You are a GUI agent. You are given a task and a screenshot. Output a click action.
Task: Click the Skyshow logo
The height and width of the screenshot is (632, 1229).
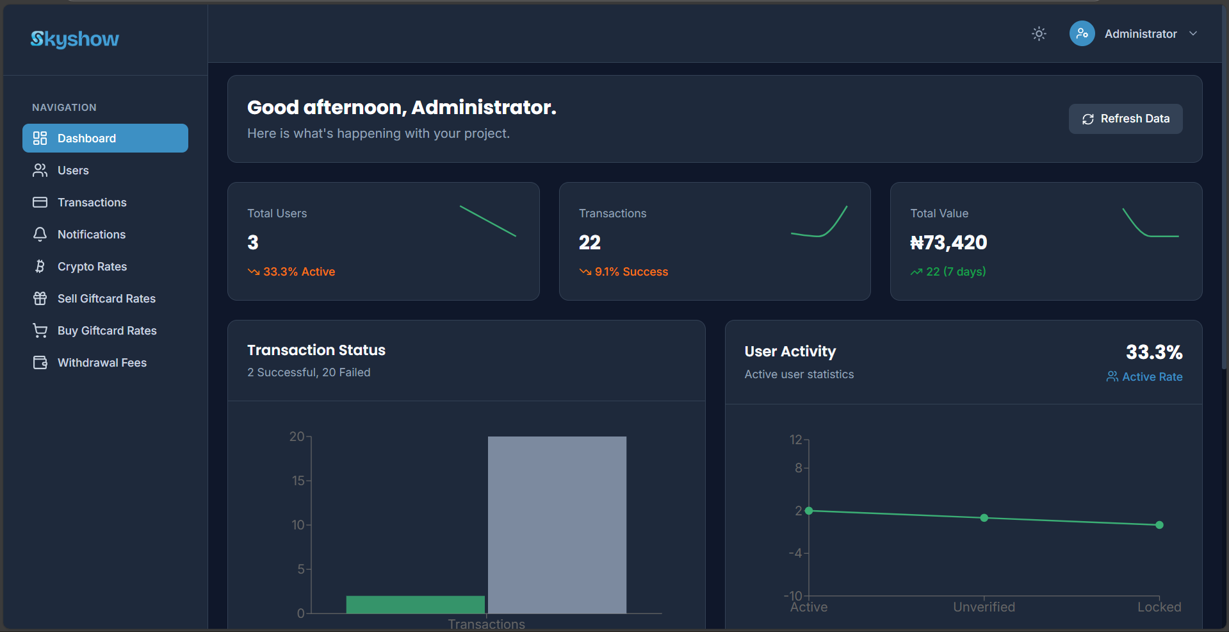[75, 39]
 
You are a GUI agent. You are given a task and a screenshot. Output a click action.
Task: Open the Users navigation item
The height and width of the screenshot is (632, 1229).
[73, 170]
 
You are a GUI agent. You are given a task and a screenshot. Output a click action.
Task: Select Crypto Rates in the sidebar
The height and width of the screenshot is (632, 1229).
[92, 267]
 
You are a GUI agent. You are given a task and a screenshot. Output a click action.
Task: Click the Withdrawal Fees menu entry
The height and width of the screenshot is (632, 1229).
[102, 363]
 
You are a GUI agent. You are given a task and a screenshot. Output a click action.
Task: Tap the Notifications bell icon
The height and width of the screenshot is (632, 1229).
[40, 235]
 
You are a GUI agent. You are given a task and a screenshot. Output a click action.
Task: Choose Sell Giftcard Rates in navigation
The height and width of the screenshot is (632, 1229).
[106, 299]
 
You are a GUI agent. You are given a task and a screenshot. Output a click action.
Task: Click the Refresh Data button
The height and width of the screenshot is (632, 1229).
[1125, 119]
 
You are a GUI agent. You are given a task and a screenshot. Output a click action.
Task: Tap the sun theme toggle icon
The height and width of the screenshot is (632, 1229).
[1039, 34]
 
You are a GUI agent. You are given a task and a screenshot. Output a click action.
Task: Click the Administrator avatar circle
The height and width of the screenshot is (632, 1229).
[1082, 34]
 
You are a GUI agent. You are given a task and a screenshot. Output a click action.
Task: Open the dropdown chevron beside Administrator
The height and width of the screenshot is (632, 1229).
[1193, 34]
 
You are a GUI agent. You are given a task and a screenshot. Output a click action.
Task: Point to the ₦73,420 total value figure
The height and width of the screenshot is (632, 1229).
[948, 243]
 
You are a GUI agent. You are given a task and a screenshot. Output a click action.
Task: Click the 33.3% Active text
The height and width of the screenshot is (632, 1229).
[298, 272]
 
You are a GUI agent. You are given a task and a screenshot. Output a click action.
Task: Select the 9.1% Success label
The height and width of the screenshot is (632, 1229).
[631, 272]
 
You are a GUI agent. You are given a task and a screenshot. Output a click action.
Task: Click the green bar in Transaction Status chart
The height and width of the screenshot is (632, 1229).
[415, 604]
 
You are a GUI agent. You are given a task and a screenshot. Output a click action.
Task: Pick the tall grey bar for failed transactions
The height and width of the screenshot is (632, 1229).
[557, 524]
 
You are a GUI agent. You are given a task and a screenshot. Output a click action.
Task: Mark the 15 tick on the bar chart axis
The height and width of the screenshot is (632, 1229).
[298, 481]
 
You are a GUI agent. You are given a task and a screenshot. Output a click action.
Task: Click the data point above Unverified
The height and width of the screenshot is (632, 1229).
[984, 518]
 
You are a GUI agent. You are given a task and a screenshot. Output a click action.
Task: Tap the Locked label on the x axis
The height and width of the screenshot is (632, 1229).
[1159, 607]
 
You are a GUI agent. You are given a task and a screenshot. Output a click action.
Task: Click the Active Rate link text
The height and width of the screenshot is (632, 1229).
[1152, 377]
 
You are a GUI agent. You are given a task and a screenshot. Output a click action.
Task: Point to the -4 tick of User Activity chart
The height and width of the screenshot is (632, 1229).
[795, 553]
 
